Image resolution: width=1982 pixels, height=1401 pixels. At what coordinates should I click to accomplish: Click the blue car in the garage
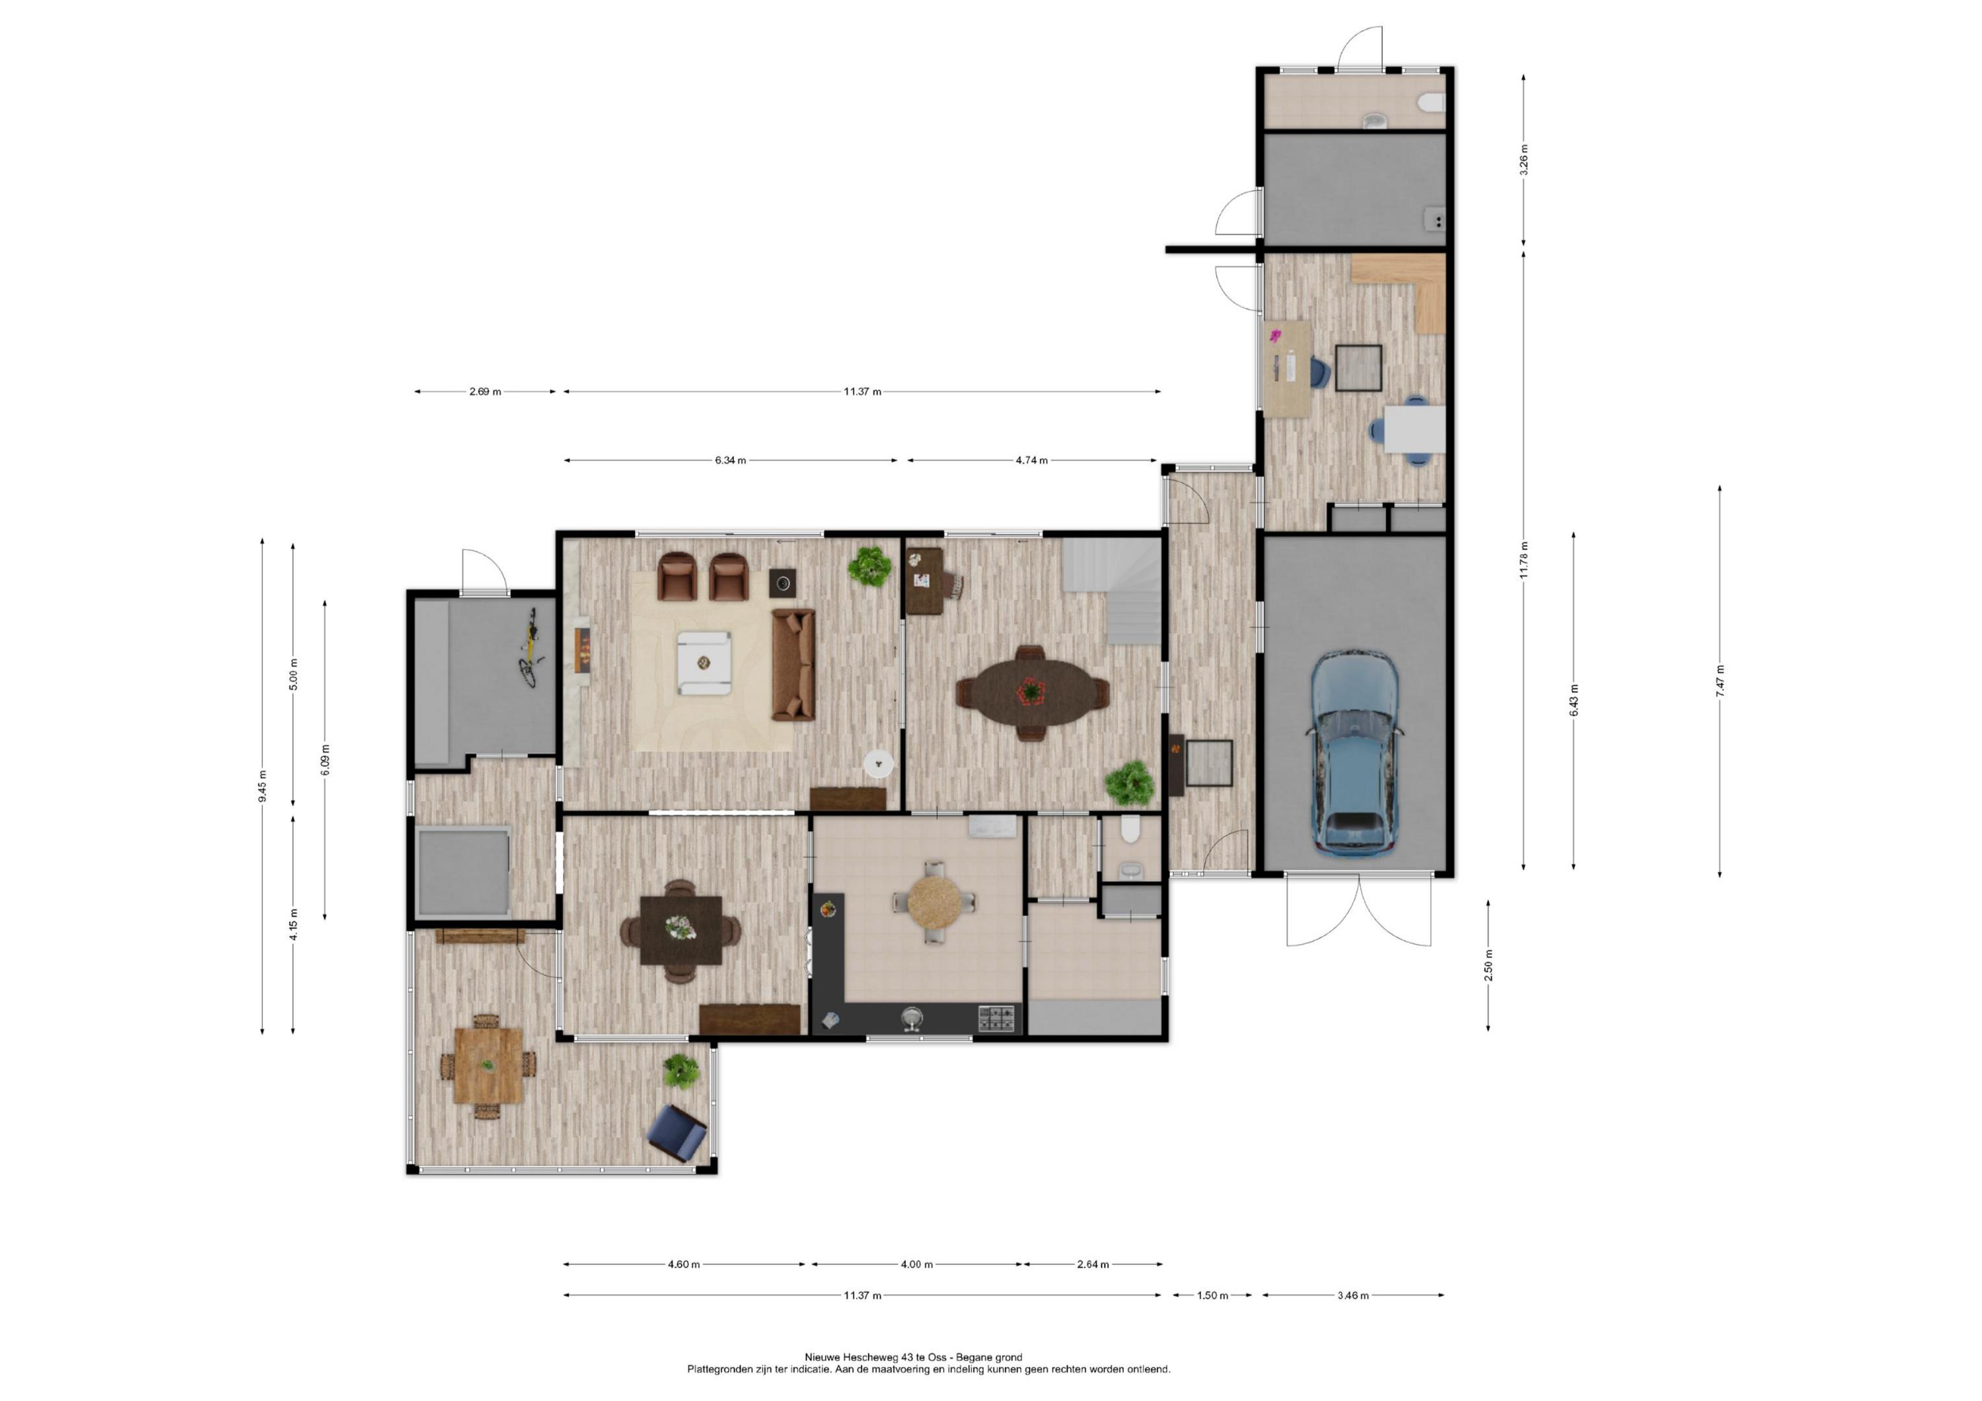pyautogui.click(x=1354, y=753)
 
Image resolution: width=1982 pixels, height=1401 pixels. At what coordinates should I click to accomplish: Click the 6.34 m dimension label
pyautogui.click(x=730, y=460)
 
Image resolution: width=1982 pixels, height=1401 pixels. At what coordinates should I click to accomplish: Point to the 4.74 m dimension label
pyautogui.click(x=1031, y=460)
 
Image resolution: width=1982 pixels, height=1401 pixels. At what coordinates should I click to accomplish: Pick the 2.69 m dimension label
pyautogui.click(x=485, y=391)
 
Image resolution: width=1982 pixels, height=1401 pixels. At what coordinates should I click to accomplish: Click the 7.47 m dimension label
pyautogui.click(x=1720, y=681)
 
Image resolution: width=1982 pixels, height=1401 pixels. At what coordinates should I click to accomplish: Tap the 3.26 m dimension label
pyautogui.click(x=1523, y=160)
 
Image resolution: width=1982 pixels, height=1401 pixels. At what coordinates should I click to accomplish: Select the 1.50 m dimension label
pyautogui.click(x=1212, y=1295)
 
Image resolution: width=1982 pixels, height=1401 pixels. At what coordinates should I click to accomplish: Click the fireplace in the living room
pyautogui.click(x=583, y=650)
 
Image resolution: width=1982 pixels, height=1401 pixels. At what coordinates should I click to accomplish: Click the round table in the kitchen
pyautogui.click(x=934, y=902)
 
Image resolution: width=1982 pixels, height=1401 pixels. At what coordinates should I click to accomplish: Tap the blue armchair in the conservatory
pyautogui.click(x=678, y=1133)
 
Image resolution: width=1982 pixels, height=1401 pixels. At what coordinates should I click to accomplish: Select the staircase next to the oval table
pyautogui.click(x=1112, y=591)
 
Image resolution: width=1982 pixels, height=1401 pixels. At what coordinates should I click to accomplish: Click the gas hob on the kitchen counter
pyautogui.click(x=998, y=1019)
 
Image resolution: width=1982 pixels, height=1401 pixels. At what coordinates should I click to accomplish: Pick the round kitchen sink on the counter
pyautogui.click(x=912, y=1019)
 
